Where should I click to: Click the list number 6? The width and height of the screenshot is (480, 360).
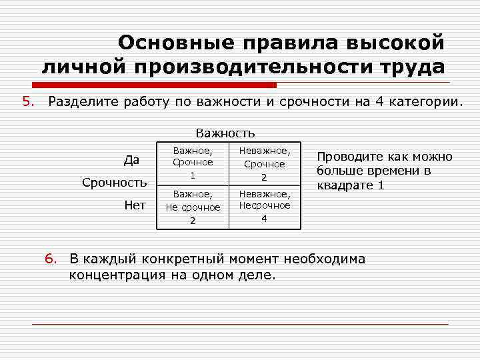(x=51, y=259)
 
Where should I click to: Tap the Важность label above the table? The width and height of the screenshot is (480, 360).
(x=225, y=133)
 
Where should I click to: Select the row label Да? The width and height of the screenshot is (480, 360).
(x=131, y=160)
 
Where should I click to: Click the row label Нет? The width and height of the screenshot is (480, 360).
(x=135, y=205)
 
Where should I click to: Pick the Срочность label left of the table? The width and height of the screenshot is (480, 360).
(x=114, y=182)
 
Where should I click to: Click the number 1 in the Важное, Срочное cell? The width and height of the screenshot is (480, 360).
(x=192, y=175)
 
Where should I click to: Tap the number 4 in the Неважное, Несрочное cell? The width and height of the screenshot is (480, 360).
(x=264, y=219)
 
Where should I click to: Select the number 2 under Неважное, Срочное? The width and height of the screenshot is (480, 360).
(x=264, y=177)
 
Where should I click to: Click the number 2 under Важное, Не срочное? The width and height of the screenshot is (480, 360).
(x=192, y=221)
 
